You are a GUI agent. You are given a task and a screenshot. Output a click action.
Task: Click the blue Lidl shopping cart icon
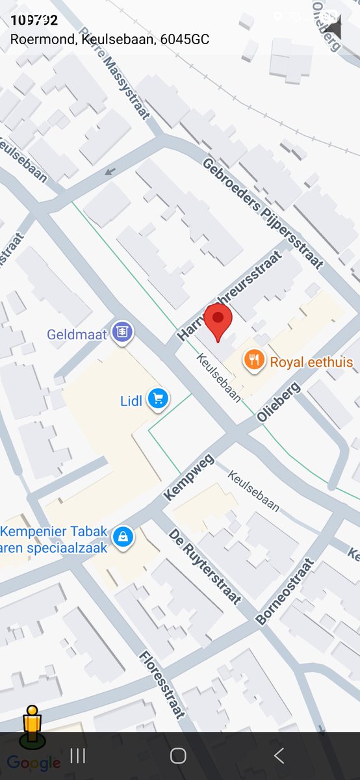click(x=158, y=399)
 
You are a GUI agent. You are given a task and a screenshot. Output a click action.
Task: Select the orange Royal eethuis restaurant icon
click(x=254, y=360)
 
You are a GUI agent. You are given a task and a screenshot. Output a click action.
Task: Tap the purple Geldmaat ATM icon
click(x=122, y=333)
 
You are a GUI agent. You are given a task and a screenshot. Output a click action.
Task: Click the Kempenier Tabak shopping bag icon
click(x=123, y=537)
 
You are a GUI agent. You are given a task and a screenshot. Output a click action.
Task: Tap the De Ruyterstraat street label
click(x=204, y=565)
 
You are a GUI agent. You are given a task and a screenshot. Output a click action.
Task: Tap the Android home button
click(x=178, y=755)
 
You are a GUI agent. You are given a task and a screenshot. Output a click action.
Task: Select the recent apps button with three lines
click(x=78, y=755)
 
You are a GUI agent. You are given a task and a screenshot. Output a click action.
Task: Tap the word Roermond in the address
click(x=36, y=40)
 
